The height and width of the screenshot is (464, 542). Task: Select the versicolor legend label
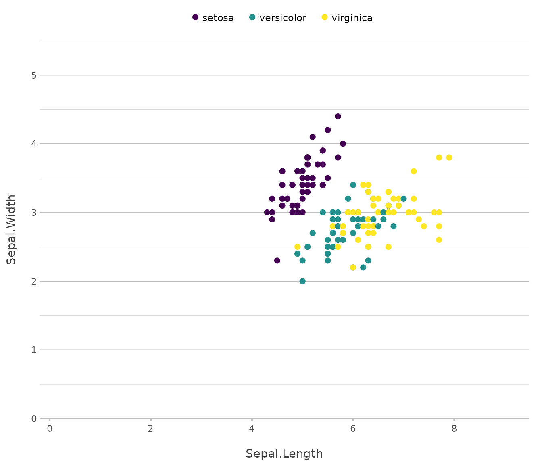click(283, 18)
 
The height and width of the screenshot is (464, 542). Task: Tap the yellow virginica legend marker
click(325, 17)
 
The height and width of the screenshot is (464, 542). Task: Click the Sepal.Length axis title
click(284, 454)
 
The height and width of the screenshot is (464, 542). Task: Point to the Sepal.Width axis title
click(12, 229)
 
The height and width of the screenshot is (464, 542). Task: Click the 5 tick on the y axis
click(34, 75)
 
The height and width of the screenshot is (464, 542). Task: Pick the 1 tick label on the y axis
click(34, 350)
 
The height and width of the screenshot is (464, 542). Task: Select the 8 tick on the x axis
click(454, 428)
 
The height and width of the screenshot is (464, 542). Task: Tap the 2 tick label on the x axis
click(150, 428)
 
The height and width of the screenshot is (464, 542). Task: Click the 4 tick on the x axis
click(252, 428)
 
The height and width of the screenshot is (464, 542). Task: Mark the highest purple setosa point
click(338, 116)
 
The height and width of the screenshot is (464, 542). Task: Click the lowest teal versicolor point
click(302, 281)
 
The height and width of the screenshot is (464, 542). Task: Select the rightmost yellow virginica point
click(449, 157)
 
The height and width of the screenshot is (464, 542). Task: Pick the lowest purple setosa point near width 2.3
click(277, 261)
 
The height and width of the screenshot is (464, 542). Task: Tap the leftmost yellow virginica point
click(298, 247)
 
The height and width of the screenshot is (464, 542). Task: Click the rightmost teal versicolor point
click(404, 199)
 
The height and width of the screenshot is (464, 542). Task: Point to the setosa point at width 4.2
click(328, 130)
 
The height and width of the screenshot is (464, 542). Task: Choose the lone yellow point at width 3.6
click(414, 171)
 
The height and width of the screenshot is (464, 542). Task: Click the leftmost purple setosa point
click(267, 212)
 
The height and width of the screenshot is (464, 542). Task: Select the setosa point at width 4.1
click(313, 137)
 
